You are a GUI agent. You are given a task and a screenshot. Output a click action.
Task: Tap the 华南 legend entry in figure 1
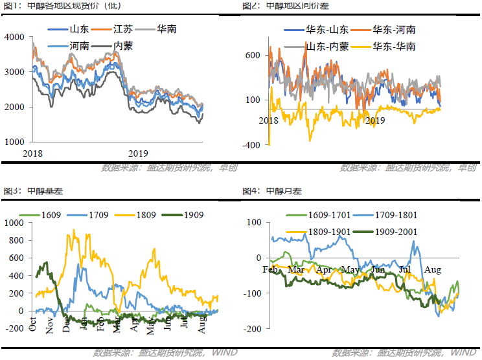[166, 30]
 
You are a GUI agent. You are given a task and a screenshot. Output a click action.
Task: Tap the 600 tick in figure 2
[253, 55]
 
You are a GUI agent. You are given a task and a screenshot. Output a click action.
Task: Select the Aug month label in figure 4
[434, 269]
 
